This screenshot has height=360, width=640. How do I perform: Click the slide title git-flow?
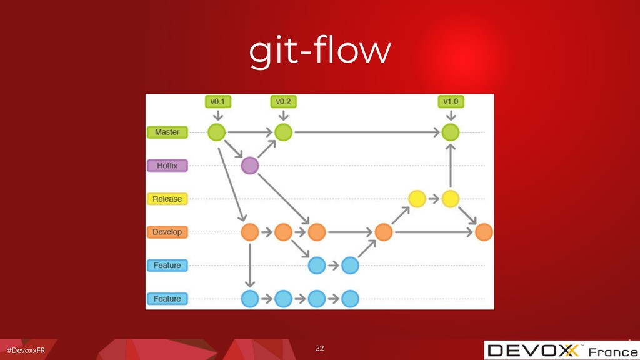pos(319,52)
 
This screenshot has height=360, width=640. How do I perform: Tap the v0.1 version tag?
pos(217,101)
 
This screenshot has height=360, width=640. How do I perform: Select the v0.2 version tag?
pos(283,101)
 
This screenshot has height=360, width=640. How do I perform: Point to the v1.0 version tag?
pos(450,101)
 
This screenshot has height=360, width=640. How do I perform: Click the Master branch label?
pos(167,132)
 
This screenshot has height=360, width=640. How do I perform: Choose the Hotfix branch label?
pos(167,166)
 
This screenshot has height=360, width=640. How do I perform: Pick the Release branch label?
pos(167,199)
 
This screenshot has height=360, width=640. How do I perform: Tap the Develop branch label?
pos(167,232)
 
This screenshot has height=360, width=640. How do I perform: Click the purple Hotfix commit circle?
pos(249,166)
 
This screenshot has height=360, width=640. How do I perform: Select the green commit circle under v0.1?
pos(217,132)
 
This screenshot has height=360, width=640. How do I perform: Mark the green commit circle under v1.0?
pos(450,132)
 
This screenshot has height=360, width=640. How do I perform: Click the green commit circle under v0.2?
pos(283,132)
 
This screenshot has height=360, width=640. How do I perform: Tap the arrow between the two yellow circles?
pos(433,199)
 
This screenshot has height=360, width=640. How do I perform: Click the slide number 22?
pos(319,347)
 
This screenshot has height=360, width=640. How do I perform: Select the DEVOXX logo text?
pos(534,351)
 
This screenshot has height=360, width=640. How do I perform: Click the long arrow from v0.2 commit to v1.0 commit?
pos(366,132)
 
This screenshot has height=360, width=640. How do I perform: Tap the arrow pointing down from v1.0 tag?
pos(450,116)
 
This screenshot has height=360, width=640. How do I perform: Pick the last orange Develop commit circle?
pos(484,232)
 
